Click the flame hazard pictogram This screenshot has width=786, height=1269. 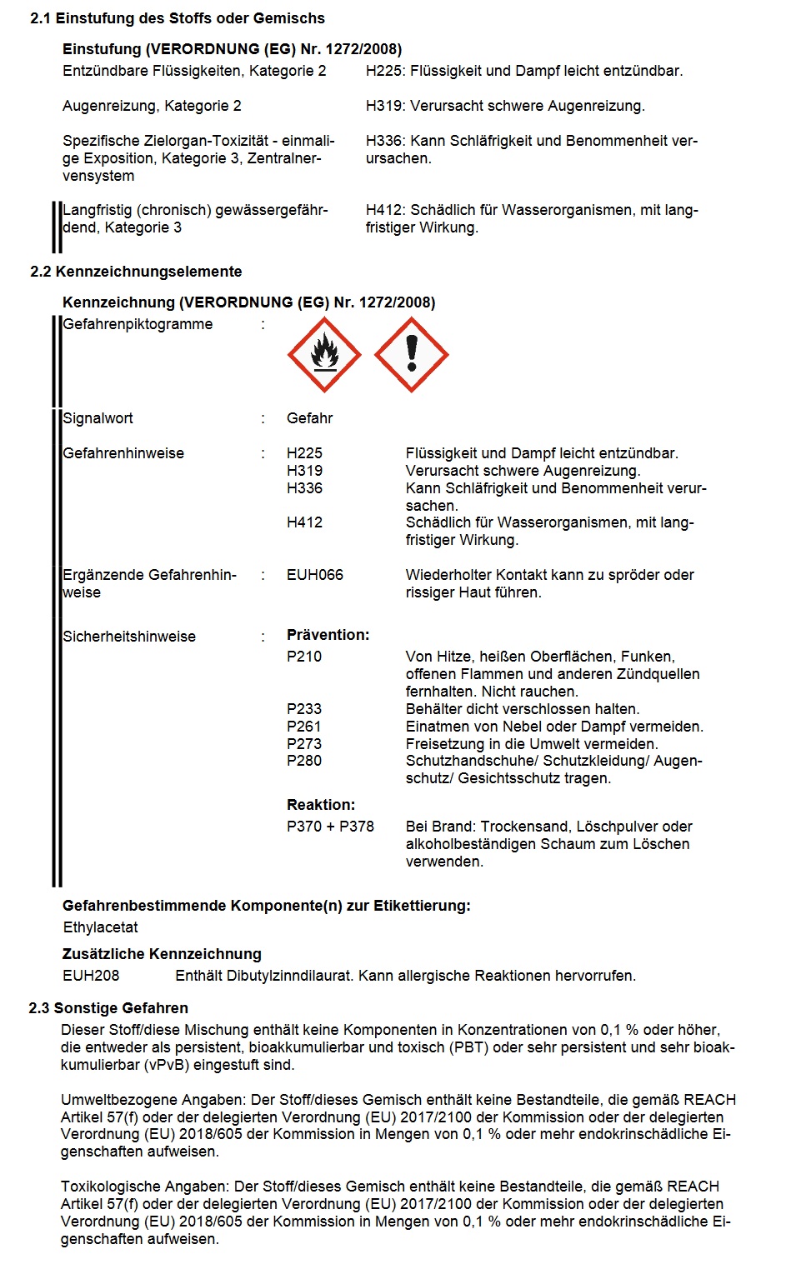coord(324,355)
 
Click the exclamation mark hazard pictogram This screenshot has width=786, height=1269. coord(411,355)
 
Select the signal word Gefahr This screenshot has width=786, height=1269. coord(309,418)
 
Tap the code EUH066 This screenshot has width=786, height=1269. coord(314,575)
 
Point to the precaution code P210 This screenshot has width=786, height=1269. coord(304,657)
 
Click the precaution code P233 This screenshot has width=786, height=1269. coord(304,709)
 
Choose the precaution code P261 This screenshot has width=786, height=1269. coord(304,727)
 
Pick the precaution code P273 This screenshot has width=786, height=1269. coord(304,744)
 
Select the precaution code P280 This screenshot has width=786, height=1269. coord(304,761)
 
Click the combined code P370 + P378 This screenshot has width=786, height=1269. coord(330,827)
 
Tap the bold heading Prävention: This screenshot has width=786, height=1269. coord(328,635)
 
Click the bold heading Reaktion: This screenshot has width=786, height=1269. coord(321,805)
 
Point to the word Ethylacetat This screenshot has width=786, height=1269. coord(100,927)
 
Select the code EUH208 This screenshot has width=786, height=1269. coord(91,976)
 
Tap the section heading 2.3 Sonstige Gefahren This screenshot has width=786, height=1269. coord(108,1008)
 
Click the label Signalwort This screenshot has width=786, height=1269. coord(98,418)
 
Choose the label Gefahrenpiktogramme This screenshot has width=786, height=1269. coord(138,324)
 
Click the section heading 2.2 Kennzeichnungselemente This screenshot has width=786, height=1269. coord(136,272)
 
